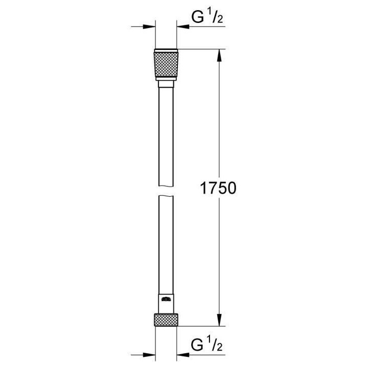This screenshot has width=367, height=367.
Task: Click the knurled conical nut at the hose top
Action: point(166,66)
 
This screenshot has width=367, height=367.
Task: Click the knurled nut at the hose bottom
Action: point(166,320)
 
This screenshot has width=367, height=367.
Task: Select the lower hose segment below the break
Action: point(166,245)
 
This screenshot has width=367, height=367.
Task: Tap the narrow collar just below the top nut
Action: point(166,84)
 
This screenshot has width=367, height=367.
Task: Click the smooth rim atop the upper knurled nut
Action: point(166,50)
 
